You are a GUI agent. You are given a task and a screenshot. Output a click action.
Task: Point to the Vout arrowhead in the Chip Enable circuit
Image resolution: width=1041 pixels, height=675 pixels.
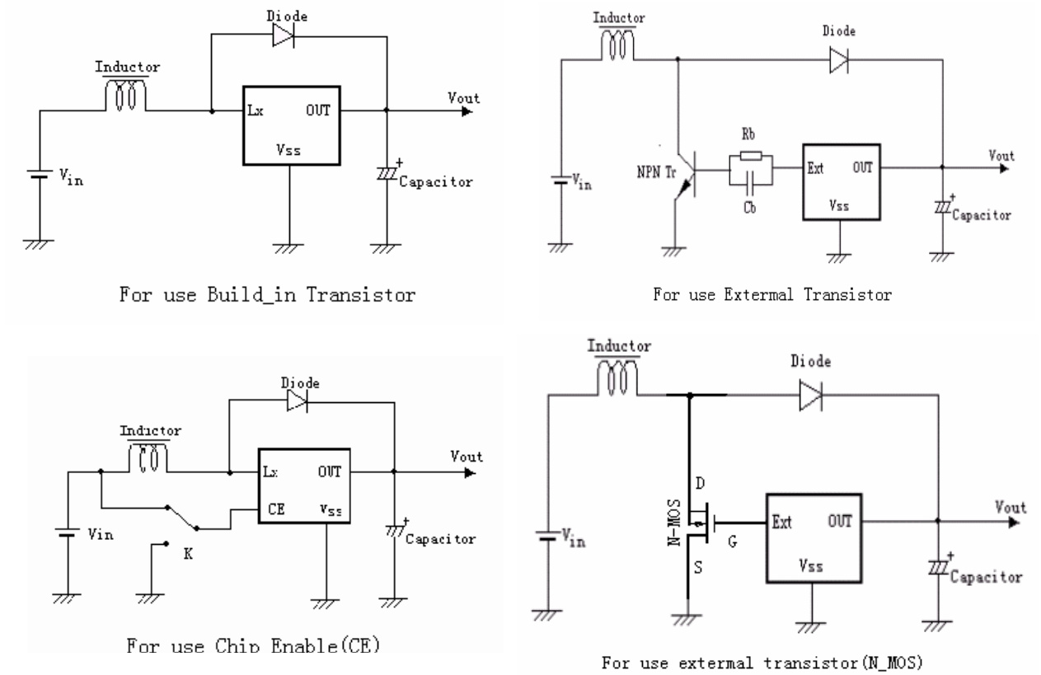(470, 473)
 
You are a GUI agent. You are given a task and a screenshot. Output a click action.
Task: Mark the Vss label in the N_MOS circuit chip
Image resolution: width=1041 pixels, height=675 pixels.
(814, 568)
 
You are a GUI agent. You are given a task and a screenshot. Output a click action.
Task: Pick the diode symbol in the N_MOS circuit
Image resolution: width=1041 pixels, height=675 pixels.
(811, 396)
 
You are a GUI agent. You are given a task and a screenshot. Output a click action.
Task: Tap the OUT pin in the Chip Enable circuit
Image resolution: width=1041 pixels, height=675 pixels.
(330, 472)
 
